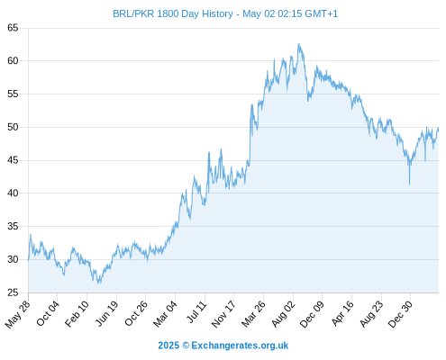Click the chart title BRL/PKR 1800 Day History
(x=173, y=13)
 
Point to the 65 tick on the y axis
(x=13, y=28)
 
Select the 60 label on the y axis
(x=13, y=61)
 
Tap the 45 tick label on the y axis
(x=13, y=160)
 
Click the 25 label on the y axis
(x=13, y=292)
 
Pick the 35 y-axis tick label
(x=13, y=226)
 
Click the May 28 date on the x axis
(x=18, y=314)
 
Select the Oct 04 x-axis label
(x=48, y=313)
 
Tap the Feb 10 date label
(x=77, y=313)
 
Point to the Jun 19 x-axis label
(x=107, y=313)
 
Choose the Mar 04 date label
(x=165, y=314)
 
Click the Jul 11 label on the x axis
(x=197, y=312)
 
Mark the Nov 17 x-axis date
(x=223, y=314)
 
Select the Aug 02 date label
(x=284, y=314)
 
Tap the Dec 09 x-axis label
(x=313, y=314)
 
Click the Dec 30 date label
(x=401, y=314)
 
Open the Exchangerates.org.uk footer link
(x=240, y=346)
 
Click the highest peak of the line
(x=299, y=44)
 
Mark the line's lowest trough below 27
(x=98, y=283)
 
